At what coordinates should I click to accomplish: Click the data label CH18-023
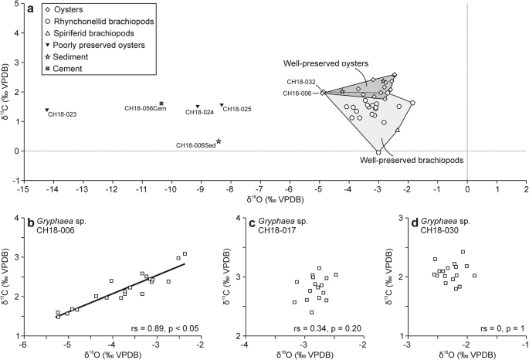[x=62, y=115]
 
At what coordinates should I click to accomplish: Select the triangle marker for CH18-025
[x=222, y=105]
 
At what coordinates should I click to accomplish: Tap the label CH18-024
[x=200, y=112]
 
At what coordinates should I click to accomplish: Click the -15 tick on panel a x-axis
[x=22, y=188]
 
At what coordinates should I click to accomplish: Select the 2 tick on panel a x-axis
[x=525, y=188]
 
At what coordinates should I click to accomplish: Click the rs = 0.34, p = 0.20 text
[x=333, y=328]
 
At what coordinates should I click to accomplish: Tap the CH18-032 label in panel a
[x=300, y=82]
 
